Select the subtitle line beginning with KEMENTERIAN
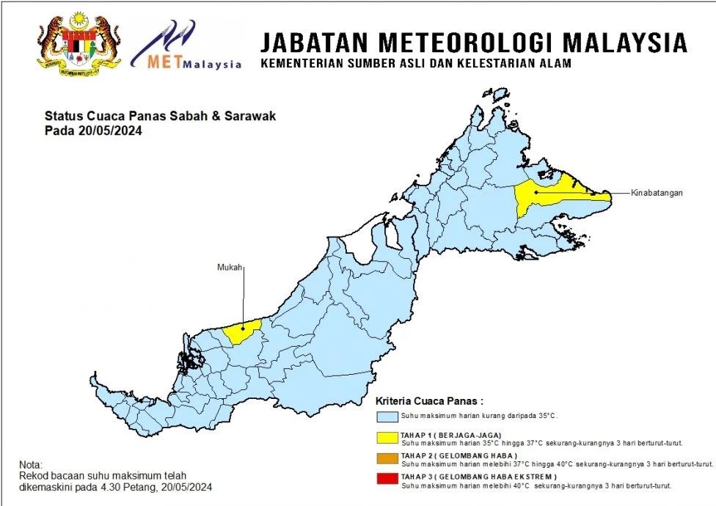pos(416,64)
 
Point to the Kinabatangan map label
pos(657,193)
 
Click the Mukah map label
pos(229,266)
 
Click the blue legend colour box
pos(387,417)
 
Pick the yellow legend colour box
pos(387,439)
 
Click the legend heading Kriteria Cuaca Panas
pos(429,401)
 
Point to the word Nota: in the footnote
pos(32,465)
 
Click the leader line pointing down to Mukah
pos(243,293)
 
